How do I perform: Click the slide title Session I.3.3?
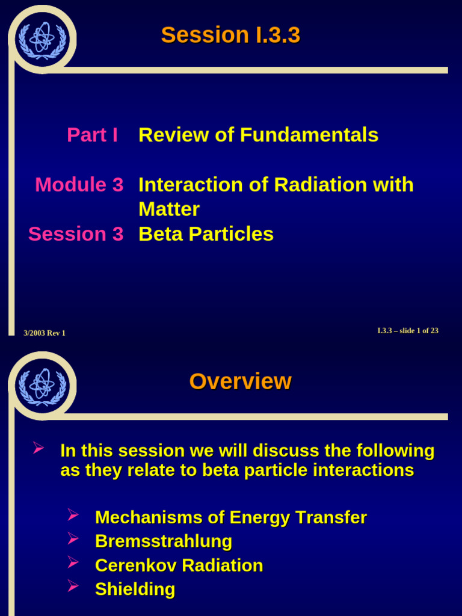(230, 35)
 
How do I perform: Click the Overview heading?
(240, 381)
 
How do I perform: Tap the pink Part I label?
(92, 135)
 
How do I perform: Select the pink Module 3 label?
(79, 185)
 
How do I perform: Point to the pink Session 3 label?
(76, 234)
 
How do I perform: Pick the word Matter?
(169, 209)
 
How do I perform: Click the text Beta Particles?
(206, 234)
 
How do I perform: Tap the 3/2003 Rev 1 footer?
(45, 333)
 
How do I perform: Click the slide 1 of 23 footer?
(407, 331)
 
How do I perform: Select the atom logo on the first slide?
(42, 39)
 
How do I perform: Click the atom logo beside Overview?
(42, 386)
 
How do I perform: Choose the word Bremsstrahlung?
(164, 541)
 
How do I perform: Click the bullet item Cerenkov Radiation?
(179, 565)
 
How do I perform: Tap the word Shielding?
(135, 590)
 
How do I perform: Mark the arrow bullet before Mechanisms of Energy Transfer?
(73, 515)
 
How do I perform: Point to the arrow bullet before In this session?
(38, 448)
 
